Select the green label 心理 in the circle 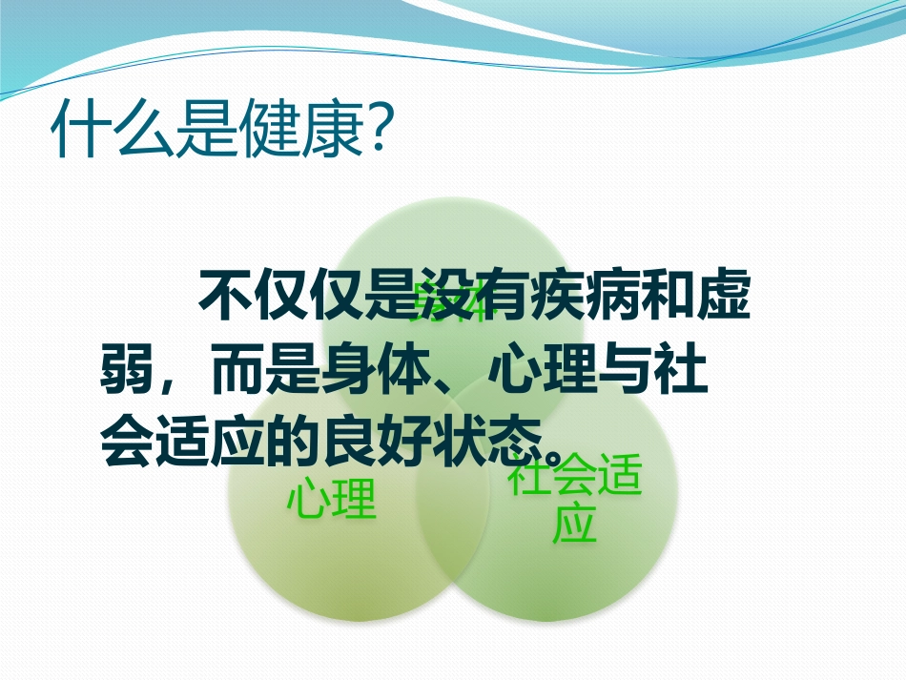point(332,500)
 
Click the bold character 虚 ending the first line point(724,299)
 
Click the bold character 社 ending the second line point(686,372)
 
